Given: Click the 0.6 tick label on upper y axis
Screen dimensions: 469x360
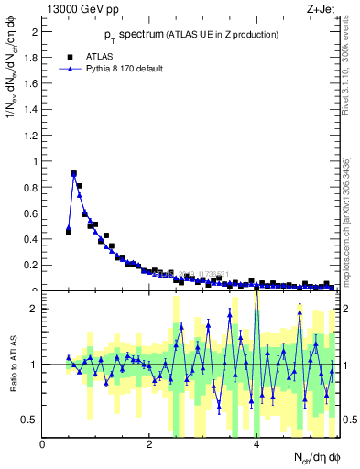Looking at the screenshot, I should point(29,213).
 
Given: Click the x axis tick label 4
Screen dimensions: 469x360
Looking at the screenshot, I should point(256,444).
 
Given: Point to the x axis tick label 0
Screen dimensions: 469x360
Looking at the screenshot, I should point(43,444).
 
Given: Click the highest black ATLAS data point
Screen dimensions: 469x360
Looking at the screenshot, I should point(74,173).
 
